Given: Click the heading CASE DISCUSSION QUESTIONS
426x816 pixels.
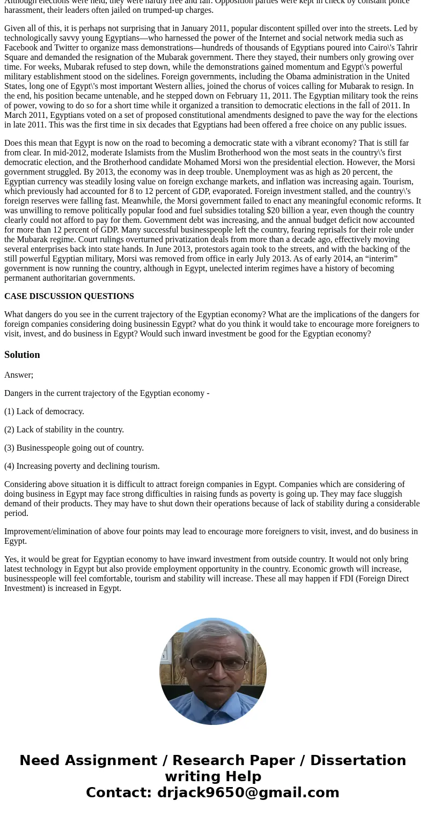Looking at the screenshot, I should click(x=69, y=296).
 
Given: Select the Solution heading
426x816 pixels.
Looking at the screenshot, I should click(x=22, y=355).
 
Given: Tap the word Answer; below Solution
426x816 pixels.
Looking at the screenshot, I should click(x=19, y=375).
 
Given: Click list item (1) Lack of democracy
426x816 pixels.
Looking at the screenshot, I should click(x=44, y=411).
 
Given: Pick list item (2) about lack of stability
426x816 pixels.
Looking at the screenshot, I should click(x=64, y=430).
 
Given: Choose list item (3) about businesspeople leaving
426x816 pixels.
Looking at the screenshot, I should click(x=74, y=448).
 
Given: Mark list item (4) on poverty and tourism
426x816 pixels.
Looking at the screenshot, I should click(x=82, y=466).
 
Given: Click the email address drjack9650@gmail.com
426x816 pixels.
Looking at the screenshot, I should click(x=248, y=792).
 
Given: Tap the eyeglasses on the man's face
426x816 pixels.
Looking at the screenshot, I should click(x=212, y=663).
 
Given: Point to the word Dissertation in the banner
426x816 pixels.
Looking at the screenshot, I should click(x=358, y=761).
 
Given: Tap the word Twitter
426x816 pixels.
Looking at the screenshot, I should click(x=67, y=48).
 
